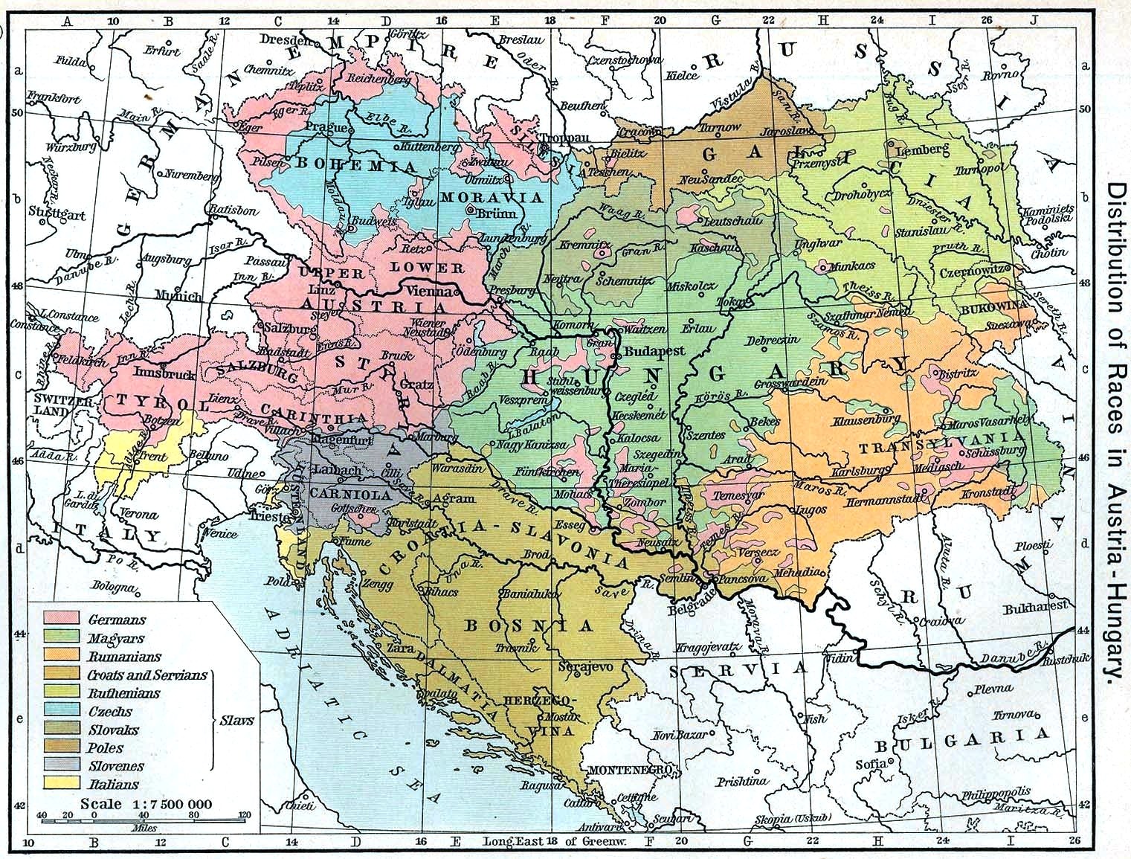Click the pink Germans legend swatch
(62, 618)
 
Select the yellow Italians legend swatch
(62, 783)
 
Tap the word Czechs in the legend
(110, 711)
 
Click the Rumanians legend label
(123, 657)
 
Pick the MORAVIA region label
(492, 197)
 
